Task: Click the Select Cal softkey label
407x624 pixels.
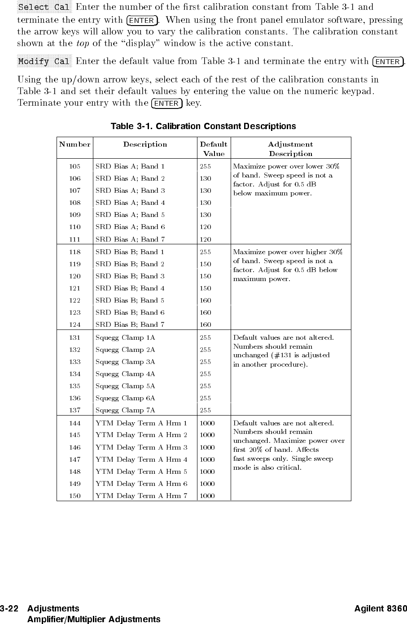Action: coord(44,8)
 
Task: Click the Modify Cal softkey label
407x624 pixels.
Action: coord(44,61)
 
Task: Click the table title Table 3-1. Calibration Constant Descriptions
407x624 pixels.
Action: coord(203,126)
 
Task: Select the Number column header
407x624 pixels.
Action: coord(74,144)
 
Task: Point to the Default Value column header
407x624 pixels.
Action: coord(214,149)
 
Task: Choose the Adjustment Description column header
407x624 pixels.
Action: coord(290,149)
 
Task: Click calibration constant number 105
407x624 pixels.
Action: coord(74,166)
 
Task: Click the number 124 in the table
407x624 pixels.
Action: coord(74,325)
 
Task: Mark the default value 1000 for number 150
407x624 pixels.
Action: coord(207,496)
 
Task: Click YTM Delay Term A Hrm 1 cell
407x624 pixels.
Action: coord(141,423)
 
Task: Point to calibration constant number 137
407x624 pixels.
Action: coord(74,410)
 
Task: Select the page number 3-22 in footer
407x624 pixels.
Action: coord(9,608)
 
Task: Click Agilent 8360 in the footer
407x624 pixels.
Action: coord(381,608)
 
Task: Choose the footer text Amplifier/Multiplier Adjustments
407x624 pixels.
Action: coord(94,619)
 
